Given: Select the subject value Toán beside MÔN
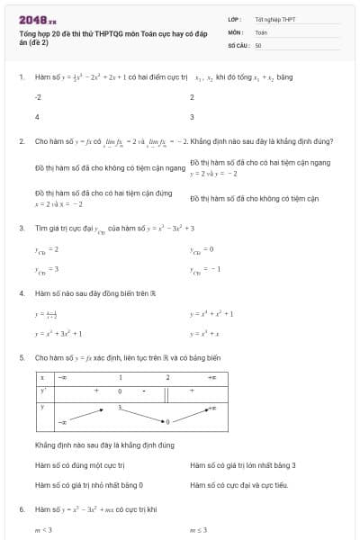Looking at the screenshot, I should pyautogui.click(x=261, y=31).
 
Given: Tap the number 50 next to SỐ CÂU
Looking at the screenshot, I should pyautogui.click(x=258, y=44).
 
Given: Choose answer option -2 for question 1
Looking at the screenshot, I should pyautogui.click(x=38, y=96).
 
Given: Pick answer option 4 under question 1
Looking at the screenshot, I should pyautogui.click(x=37, y=117).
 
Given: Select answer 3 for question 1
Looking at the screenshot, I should pyautogui.click(x=193, y=117).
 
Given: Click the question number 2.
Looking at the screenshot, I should pyautogui.click(x=21, y=141).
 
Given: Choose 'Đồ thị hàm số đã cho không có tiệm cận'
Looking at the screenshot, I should pyautogui.click(x=242, y=198).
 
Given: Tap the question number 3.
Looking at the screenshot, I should pyautogui.click(x=21, y=228).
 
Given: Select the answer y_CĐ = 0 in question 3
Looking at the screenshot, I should pyautogui.click(x=202, y=248).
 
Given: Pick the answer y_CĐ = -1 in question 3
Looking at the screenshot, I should pyautogui.click(x=203, y=269).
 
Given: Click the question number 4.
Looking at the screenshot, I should pyautogui.click(x=21, y=293).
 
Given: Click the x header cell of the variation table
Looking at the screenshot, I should pyautogui.click(x=42, y=378).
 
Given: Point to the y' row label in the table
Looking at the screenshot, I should pyautogui.click(x=42, y=391).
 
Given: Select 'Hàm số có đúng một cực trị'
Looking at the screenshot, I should pyautogui.click(x=79, y=465).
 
